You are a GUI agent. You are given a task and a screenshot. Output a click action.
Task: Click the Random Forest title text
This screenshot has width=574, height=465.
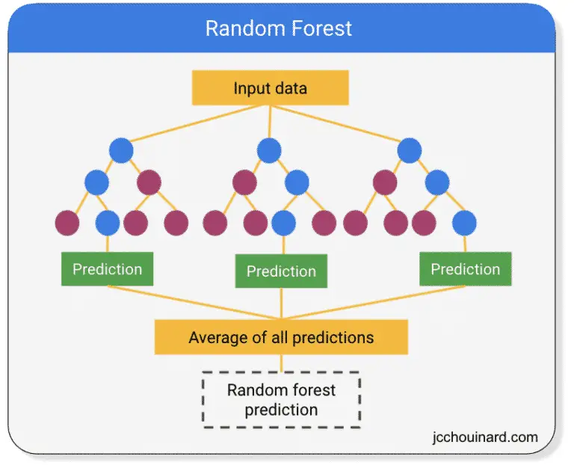click(x=279, y=28)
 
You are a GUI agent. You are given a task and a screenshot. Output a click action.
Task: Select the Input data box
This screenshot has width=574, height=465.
click(x=270, y=88)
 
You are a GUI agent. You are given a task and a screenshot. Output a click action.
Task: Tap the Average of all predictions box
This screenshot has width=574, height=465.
click(x=281, y=337)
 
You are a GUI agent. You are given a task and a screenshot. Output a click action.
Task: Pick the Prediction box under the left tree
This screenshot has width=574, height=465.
click(x=108, y=268)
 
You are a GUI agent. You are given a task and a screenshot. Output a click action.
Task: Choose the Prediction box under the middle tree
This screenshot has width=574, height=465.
click(x=281, y=271)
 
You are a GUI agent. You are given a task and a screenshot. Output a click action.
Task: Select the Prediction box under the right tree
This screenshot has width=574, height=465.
click(x=466, y=268)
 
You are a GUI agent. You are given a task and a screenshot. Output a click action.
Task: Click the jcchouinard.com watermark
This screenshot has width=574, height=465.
click(x=485, y=437)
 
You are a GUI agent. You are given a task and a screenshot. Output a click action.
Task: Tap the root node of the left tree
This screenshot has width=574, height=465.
click(x=121, y=150)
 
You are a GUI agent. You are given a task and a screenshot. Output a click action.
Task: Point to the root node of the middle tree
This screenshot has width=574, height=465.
click(x=269, y=150)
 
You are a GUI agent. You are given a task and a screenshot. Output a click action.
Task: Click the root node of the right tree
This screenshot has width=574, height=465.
click(x=410, y=150)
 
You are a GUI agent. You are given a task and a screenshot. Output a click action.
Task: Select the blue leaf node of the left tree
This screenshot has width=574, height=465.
click(x=108, y=223)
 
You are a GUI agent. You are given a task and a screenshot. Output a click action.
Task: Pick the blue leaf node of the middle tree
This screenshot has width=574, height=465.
click(x=284, y=223)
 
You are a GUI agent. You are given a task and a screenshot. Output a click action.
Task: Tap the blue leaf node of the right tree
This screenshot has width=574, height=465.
click(x=464, y=223)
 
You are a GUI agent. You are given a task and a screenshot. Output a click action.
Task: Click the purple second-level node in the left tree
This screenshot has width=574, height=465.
click(x=149, y=182)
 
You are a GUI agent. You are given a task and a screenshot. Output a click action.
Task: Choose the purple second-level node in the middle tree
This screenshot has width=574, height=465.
click(x=244, y=182)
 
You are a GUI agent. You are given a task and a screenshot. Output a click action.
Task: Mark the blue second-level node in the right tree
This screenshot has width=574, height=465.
click(x=437, y=182)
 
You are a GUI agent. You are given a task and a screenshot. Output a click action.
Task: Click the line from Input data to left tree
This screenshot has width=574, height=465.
click(x=196, y=123)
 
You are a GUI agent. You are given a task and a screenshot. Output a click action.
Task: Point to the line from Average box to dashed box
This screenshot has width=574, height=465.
click(x=281, y=363)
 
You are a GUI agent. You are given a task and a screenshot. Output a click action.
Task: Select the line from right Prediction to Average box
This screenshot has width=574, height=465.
click(x=374, y=303)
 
